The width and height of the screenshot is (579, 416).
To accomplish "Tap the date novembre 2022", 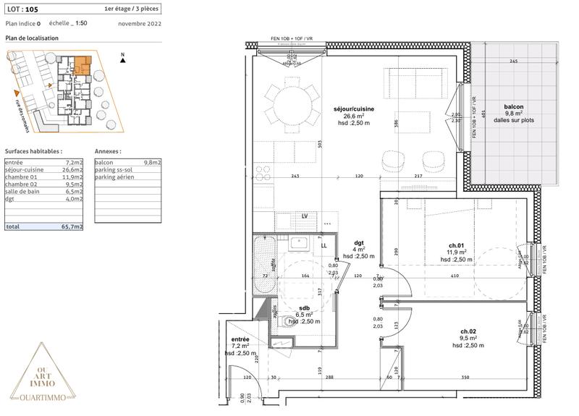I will (x=139, y=24).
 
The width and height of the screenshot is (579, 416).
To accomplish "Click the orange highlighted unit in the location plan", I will (x=84, y=63).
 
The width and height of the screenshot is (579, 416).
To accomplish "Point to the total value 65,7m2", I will (x=72, y=226).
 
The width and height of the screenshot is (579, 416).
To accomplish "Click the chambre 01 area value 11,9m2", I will (x=73, y=177).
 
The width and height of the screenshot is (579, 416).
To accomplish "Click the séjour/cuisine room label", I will (x=354, y=109).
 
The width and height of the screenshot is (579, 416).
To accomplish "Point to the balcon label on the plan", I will (x=514, y=106).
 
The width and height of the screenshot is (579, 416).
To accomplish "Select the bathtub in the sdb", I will (x=265, y=265).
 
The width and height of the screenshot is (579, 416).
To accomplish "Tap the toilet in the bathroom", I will (x=289, y=323).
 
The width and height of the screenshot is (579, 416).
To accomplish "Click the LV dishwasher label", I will (x=305, y=216).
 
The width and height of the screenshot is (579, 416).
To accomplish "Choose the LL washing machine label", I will (x=324, y=245).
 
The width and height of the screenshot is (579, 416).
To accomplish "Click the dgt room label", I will (x=358, y=243).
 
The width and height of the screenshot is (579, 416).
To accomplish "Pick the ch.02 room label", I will (x=467, y=331).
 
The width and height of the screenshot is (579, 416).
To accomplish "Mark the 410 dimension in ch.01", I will (x=455, y=276).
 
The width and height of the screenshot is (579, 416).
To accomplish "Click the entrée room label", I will (x=240, y=339).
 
